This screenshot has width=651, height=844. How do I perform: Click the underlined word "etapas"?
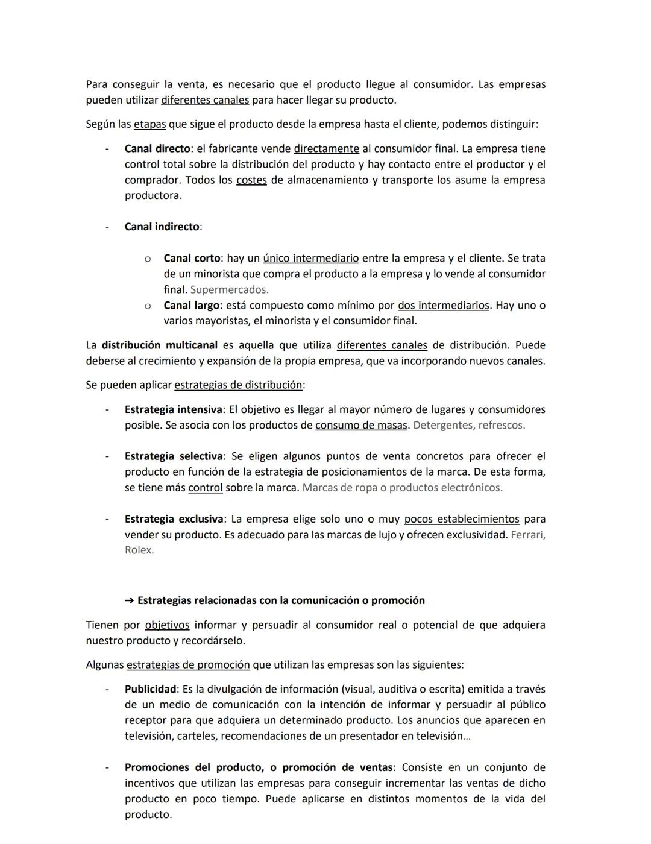tap(149, 124)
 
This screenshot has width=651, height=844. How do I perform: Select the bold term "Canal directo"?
tap(157, 148)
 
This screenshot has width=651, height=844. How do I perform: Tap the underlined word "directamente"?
tap(326, 148)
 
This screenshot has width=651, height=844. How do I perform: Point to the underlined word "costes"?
tap(251, 180)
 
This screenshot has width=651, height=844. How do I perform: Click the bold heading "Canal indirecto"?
tap(162, 227)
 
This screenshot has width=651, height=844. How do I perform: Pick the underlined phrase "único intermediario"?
tap(311, 258)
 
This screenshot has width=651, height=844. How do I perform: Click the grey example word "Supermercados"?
tap(228, 289)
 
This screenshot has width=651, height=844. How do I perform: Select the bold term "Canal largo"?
tap(191, 305)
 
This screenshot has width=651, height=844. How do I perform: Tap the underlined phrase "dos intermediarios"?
tap(443, 305)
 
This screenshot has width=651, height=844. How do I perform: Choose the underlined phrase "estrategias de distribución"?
tap(238, 385)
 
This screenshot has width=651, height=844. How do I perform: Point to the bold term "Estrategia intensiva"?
tap(173, 409)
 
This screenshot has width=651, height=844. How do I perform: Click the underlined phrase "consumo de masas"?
tap(361, 425)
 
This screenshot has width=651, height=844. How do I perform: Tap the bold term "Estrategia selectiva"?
tap(174, 456)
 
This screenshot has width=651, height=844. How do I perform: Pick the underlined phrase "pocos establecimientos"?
tap(461, 519)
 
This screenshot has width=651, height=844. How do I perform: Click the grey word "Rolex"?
tap(138, 550)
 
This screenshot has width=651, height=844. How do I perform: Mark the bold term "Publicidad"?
tap(150, 689)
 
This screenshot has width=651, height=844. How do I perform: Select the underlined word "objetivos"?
tap(167, 625)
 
